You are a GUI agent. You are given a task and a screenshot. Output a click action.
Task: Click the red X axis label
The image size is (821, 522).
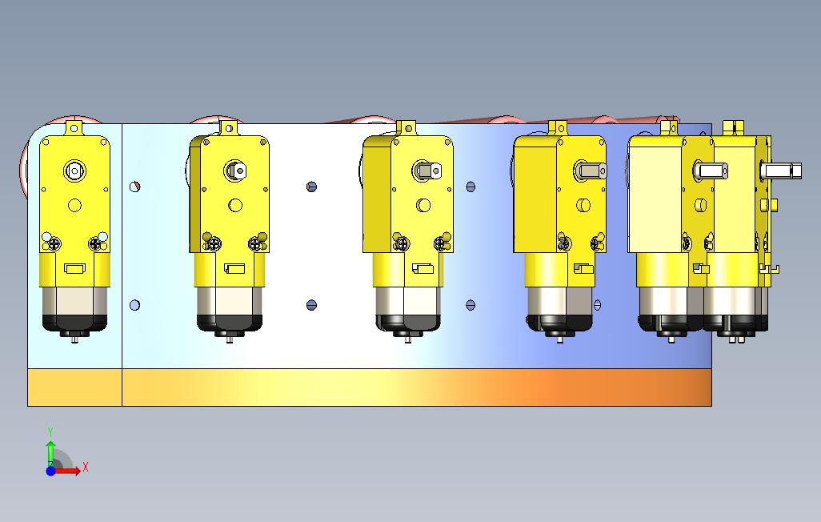(x=86, y=467)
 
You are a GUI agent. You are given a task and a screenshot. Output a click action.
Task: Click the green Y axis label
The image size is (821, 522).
(x=50, y=432)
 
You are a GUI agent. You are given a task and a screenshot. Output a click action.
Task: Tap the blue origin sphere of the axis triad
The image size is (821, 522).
(x=50, y=471)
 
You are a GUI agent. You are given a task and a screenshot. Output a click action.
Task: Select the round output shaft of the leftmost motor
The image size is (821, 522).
(x=74, y=171)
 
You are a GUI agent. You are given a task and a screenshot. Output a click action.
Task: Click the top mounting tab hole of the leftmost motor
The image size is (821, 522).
(x=74, y=128)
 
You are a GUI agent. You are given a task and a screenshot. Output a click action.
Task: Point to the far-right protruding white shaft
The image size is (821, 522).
(x=781, y=171)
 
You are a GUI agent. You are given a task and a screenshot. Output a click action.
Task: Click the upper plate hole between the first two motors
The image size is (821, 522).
(x=134, y=186)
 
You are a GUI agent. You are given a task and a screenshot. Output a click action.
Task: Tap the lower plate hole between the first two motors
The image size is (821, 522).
(x=134, y=305)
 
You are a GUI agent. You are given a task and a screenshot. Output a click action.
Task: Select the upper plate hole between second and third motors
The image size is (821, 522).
(x=311, y=187)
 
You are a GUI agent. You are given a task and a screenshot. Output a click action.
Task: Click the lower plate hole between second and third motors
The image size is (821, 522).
(x=311, y=305)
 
